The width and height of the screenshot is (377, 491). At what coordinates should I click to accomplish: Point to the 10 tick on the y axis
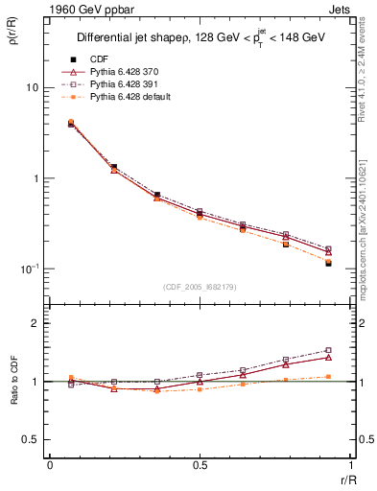32,88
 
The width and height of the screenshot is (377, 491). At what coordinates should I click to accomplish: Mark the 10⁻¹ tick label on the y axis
29,269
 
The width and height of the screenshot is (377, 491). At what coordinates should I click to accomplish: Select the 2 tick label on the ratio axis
35,324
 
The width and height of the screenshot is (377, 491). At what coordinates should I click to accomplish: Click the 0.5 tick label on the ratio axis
32,439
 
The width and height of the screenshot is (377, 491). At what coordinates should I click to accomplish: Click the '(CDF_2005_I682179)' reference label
200,286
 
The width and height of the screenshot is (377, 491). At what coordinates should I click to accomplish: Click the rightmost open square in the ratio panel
328,350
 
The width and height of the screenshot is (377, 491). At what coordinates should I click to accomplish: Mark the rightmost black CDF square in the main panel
328,263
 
